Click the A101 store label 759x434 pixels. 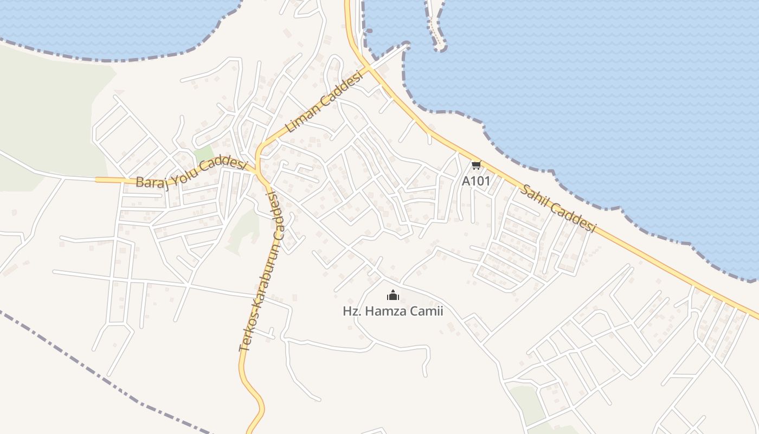475,181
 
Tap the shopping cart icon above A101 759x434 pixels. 476,165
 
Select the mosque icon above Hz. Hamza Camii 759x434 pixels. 393,296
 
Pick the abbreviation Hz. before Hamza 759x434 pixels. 351,311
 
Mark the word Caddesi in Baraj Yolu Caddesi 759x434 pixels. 224,162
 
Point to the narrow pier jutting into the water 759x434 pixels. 435,27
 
